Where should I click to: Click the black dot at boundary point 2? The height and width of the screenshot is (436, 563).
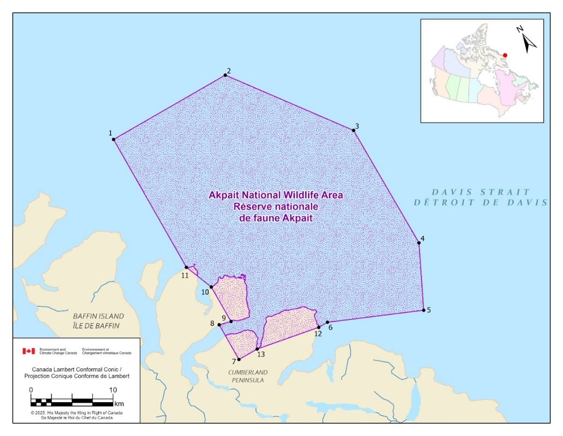tap(225, 75)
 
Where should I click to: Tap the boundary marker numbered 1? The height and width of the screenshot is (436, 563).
tap(114, 139)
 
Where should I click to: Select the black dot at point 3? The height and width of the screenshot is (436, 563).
tap(353, 130)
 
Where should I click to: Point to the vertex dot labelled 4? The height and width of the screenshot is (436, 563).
tap(419, 243)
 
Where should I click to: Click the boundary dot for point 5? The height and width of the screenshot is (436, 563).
tap(424, 310)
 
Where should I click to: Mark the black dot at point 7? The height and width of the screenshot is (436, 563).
tap(239, 359)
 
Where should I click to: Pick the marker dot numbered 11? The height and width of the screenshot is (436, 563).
tap(186, 267)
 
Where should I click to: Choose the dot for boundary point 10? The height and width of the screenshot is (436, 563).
tap(211, 287)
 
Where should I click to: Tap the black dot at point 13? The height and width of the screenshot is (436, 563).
tap(257, 349)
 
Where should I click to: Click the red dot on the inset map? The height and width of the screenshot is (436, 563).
tap(505, 55)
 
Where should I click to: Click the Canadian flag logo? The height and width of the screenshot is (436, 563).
tap(29, 351)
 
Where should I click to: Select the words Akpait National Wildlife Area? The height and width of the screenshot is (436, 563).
tap(279, 195)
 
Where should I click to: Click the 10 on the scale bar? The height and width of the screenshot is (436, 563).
tap(113, 390)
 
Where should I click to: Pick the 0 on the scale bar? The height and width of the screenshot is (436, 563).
tap(31, 390)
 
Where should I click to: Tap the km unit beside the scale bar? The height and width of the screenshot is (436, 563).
tap(119, 404)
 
